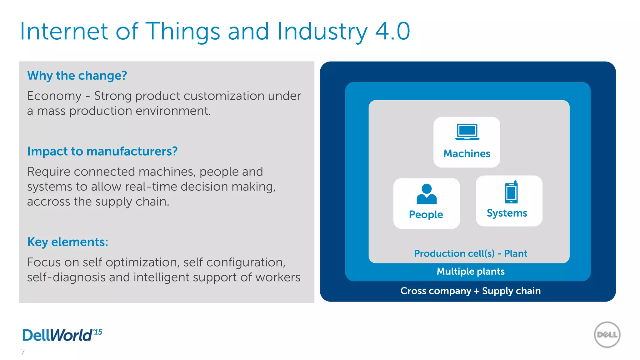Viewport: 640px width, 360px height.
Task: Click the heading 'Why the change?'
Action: (77, 76)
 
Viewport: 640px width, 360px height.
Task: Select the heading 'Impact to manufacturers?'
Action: (102, 151)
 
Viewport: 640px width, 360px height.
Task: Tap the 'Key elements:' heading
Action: (67, 242)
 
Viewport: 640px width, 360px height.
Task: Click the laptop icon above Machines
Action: (467, 132)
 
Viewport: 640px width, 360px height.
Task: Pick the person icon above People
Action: (427, 194)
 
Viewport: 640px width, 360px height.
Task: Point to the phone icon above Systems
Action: (512, 192)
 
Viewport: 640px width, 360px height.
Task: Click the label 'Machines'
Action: (467, 153)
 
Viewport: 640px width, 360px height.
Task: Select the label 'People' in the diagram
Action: (426, 214)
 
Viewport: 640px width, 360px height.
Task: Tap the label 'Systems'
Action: (507, 213)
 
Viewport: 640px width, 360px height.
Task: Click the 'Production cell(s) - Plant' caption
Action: (470, 253)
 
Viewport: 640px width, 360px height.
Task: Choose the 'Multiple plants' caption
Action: (470, 271)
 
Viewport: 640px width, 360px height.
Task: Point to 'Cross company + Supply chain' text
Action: (470, 291)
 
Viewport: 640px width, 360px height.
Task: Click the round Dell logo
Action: (607, 335)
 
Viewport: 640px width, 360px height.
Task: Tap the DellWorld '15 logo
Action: (62, 335)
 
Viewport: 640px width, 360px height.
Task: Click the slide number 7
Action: (22, 352)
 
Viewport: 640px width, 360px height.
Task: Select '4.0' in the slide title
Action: (392, 31)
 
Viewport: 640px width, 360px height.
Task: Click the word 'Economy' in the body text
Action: (54, 96)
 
